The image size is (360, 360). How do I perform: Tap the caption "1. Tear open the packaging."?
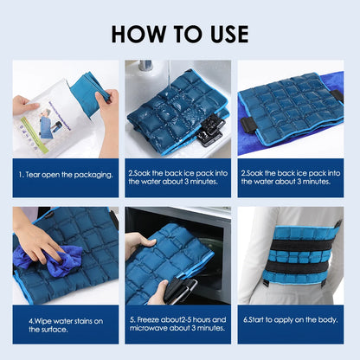point(66,175)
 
